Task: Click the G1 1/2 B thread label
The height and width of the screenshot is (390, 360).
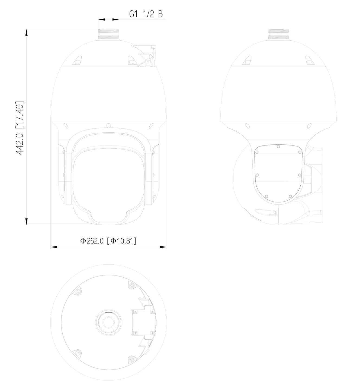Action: click(146, 14)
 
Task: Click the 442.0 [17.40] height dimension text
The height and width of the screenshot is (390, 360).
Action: click(20, 128)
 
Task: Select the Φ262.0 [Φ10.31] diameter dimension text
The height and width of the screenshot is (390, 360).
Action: click(108, 241)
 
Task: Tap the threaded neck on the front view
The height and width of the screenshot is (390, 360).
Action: click(108, 35)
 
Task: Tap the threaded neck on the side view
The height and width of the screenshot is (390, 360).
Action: click(278, 35)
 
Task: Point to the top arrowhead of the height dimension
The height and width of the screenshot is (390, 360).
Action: click(27, 32)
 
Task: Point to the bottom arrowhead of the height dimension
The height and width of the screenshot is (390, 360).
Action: click(27, 221)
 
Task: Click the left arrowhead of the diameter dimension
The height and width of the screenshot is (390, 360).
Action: click(54, 247)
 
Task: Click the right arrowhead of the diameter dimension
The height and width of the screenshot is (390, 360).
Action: click(163, 247)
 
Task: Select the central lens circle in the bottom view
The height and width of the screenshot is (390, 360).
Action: click(108, 322)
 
